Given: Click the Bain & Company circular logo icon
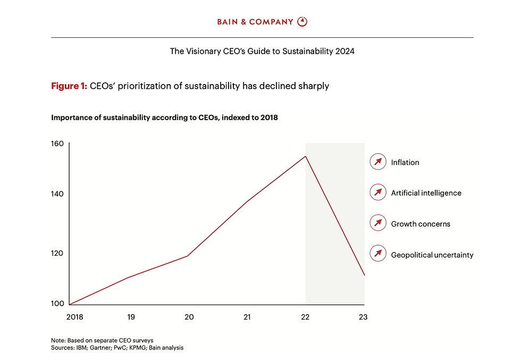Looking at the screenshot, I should pos(302,22).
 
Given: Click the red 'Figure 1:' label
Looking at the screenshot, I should pos(69,86).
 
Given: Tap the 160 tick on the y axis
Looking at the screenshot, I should pos(57,144).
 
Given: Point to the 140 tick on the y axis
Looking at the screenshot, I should pos(57,194).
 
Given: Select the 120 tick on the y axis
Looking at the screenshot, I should pos(57,253).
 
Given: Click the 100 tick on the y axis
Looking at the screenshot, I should pos(57,304).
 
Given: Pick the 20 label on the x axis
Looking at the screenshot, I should pos(189,317).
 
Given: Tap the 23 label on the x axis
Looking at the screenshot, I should pos(363,317).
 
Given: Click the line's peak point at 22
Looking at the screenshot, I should pos(305,156).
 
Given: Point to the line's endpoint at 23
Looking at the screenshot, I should pos(364,275).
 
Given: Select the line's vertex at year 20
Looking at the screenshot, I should pos(188,256).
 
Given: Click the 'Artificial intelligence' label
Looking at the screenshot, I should pos(426,193).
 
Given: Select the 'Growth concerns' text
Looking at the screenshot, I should pos(420,224).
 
